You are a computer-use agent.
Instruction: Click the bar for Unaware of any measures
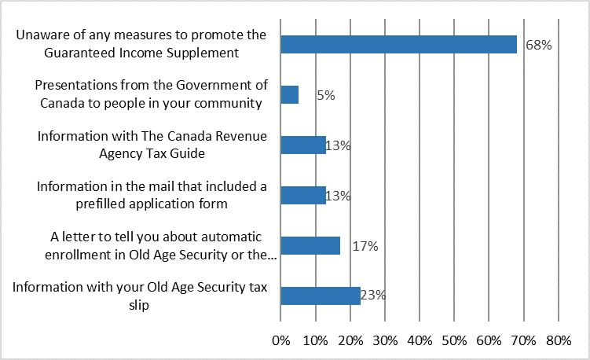click(x=398, y=45)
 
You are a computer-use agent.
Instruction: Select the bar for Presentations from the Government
click(x=289, y=95)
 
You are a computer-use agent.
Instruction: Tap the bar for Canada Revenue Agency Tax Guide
click(x=302, y=145)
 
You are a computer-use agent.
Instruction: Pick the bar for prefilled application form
click(x=302, y=195)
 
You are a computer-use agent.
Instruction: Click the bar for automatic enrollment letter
click(x=310, y=245)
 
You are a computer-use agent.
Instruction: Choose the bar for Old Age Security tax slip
click(x=320, y=296)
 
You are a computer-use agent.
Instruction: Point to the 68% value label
click(x=539, y=46)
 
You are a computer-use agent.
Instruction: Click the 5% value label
click(x=326, y=96)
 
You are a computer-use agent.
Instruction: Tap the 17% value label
click(x=365, y=246)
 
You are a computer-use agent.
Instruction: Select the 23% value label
click(x=372, y=296)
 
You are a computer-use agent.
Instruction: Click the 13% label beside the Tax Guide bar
click(x=338, y=146)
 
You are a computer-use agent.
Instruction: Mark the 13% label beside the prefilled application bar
click(x=338, y=196)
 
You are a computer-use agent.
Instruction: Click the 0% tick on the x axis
click(x=280, y=341)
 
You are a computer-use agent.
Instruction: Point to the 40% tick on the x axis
click(x=420, y=341)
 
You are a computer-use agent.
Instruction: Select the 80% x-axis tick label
click(x=558, y=341)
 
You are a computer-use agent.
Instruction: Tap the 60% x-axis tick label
click(x=489, y=341)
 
